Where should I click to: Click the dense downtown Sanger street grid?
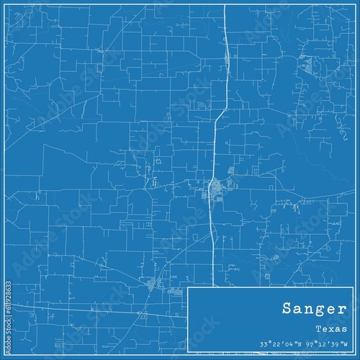coord(215,189)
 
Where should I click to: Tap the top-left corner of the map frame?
coord(5,5)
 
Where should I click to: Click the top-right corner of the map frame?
coord(354,5)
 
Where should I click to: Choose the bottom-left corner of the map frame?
coord(5,354)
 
